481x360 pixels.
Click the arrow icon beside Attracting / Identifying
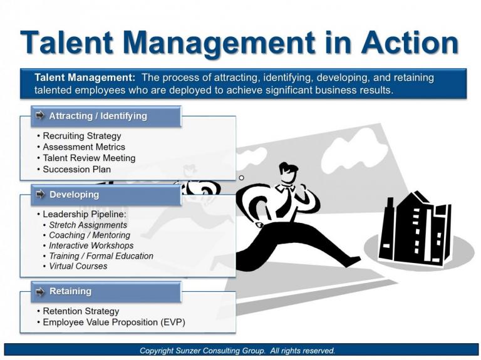coord(41,116)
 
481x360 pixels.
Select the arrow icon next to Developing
coord(41,195)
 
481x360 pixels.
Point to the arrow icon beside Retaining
coord(41,291)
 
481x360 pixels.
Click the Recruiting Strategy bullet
coord(82,136)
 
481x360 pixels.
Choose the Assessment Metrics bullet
coord(84,147)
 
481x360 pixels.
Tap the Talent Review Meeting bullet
coord(89,158)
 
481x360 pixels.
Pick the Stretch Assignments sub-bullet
coord(88,225)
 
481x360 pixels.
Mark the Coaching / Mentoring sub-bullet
coord(90,235)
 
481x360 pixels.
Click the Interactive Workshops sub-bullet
coord(91,245)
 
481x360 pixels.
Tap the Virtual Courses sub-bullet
coord(78,266)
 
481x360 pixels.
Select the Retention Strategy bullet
coord(81,311)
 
